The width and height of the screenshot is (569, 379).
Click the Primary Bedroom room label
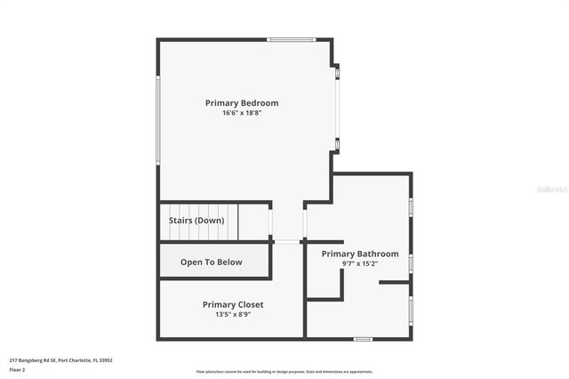(x=241, y=102)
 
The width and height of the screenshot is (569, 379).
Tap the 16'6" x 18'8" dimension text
(x=241, y=113)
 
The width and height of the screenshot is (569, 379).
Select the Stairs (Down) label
(x=196, y=220)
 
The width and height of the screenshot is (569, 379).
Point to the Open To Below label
(x=211, y=262)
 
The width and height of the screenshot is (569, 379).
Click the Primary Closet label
(x=233, y=304)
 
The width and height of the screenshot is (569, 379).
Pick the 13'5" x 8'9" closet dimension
(x=233, y=314)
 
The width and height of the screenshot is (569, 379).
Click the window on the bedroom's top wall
(x=291, y=39)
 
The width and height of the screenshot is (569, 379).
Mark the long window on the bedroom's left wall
(x=158, y=120)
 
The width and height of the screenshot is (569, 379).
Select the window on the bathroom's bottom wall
(x=363, y=338)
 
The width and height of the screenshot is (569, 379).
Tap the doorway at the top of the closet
(x=286, y=242)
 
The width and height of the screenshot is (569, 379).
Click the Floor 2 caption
(x=17, y=369)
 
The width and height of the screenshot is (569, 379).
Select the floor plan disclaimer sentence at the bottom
(x=284, y=372)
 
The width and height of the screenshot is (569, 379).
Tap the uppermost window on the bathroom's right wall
(x=411, y=206)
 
